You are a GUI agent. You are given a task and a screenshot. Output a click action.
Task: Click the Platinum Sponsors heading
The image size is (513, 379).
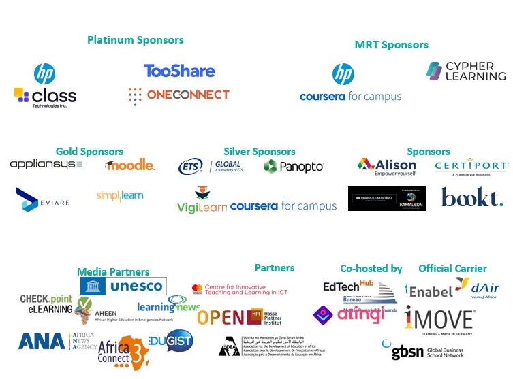(136, 40)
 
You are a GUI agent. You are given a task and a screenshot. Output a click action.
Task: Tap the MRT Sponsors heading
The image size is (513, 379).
(391, 45)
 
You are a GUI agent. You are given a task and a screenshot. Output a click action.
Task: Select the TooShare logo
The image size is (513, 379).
(179, 71)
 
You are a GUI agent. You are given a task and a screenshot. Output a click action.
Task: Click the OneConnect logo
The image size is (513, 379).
(179, 95)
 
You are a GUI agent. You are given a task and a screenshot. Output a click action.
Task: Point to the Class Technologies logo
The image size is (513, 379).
(45, 96)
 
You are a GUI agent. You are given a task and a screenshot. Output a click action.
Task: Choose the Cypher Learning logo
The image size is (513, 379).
(466, 71)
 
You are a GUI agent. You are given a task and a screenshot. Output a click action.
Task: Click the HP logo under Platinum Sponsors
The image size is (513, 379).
(44, 73)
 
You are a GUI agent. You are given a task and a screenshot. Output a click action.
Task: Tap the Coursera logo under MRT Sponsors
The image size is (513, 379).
(350, 97)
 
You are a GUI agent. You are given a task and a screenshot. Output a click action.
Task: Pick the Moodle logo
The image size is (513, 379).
(130, 165)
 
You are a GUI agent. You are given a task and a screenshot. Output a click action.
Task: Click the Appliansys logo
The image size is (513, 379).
(46, 165)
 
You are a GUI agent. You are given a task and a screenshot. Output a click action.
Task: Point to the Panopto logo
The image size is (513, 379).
(294, 166)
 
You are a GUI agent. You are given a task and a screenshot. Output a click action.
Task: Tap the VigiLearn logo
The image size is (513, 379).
(202, 201)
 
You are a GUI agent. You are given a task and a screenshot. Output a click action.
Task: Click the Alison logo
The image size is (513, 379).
(386, 165)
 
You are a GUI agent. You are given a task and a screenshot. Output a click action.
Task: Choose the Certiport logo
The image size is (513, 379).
(471, 166)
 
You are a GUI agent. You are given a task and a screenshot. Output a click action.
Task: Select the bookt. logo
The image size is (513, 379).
(472, 197)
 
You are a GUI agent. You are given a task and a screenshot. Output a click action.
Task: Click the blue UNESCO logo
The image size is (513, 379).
(123, 286)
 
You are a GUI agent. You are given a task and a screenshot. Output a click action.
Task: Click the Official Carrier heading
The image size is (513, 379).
(452, 269)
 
